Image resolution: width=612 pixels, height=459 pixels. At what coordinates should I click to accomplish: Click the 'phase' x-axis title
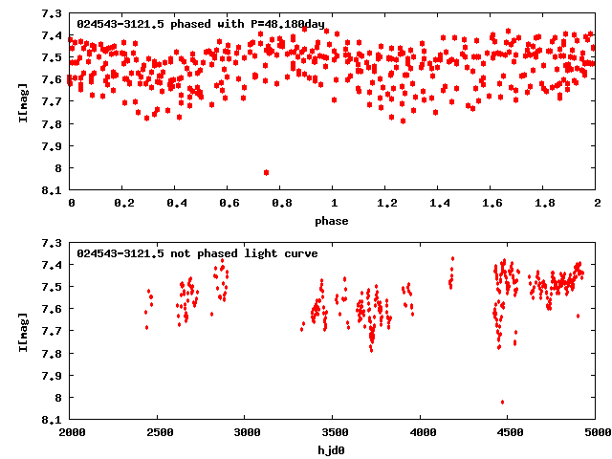click(334, 221)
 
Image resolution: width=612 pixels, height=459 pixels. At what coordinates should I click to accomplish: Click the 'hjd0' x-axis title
click(334, 449)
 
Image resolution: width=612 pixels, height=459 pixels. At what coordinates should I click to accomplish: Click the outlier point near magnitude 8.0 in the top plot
click(266, 172)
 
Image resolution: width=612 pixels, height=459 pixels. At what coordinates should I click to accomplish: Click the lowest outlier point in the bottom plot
click(502, 402)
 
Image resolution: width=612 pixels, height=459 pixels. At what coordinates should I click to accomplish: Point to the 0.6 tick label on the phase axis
click(229, 204)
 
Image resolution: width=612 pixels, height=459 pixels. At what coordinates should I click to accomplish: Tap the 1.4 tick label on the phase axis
click(439, 204)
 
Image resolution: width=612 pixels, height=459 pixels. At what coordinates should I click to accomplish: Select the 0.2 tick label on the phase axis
click(123, 204)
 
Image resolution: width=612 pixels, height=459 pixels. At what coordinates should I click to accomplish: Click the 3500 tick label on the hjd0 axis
click(334, 432)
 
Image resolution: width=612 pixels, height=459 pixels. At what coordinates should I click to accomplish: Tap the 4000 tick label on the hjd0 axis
click(422, 432)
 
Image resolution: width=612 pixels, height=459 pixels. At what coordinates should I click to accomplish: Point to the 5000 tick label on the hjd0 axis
click(597, 432)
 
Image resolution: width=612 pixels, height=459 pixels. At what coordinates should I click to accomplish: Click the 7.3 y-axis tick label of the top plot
click(53, 14)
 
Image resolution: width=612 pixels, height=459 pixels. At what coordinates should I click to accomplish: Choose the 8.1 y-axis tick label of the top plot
click(53, 190)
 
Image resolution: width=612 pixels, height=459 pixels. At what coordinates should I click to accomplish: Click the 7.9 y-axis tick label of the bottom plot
click(53, 375)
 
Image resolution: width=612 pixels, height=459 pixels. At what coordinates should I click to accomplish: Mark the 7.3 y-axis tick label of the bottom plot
click(53, 243)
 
